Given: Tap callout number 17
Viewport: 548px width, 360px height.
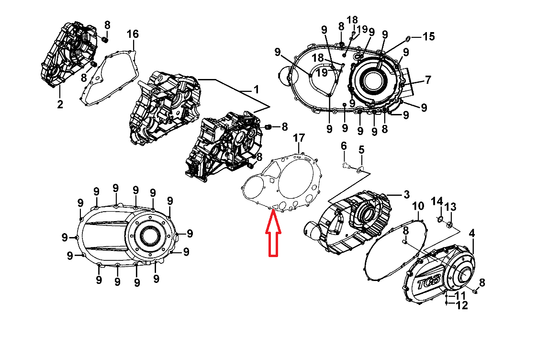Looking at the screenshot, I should (x=299, y=138).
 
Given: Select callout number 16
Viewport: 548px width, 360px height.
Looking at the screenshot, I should (x=132, y=34).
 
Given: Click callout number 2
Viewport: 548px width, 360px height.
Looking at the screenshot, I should (x=60, y=104).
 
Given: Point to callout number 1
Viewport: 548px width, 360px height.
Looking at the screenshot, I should (x=256, y=90).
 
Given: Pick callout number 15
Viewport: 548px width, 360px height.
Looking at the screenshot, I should (x=428, y=36).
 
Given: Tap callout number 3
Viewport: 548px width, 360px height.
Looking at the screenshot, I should (x=406, y=194).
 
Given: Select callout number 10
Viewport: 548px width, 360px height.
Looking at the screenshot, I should (x=418, y=207).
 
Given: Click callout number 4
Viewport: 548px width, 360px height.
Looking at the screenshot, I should (x=472, y=234).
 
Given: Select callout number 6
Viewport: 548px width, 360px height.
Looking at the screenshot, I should (x=344, y=146).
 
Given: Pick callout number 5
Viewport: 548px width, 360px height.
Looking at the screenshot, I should (x=361, y=149).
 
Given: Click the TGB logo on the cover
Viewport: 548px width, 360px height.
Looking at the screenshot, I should (x=426, y=283).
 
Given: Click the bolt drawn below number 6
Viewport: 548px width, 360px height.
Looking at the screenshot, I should (x=346, y=166).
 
